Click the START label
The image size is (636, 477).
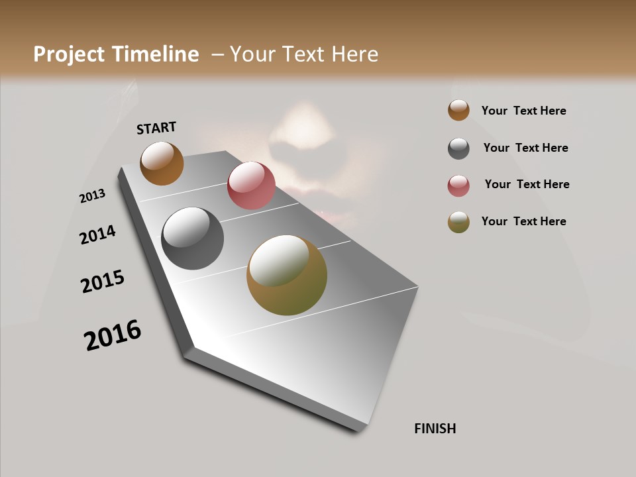click(x=156, y=127)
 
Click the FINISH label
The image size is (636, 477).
click(x=435, y=429)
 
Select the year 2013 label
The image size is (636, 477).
click(x=93, y=196)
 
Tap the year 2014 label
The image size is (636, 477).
click(x=98, y=235)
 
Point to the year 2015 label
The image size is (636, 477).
click(x=103, y=282)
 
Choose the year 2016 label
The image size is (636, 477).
click(x=113, y=335)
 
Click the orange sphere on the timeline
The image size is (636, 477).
click(x=162, y=163)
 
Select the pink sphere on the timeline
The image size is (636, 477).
click(x=251, y=185)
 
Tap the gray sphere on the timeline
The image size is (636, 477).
click(x=192, y=238)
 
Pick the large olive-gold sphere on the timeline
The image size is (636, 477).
click(x=287, y=275)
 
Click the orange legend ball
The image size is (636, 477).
click(x=458, y=110)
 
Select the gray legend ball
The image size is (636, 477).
click(x=458, y=148)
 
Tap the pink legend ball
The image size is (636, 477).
click(x=458, y=185)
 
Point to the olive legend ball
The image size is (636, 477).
click(x=458, y=222)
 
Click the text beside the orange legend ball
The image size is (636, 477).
click(x=523, y=111)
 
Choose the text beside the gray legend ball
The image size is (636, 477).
click(x=525, y=148)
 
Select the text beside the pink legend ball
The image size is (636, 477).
click(x=527, y=184)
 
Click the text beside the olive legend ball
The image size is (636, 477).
click(x=523, y=221)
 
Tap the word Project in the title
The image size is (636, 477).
click(x=70, y=54)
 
